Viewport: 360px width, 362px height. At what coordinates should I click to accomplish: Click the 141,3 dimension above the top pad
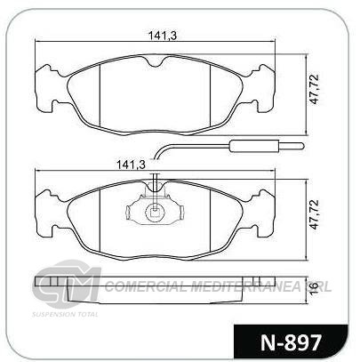[x=163, y=36]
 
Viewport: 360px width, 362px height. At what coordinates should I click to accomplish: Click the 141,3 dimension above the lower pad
[x=131, y=165]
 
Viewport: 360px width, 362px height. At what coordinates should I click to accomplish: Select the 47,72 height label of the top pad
[x=315, y=89]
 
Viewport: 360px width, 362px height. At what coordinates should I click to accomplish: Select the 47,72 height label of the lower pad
[x=315, y=214]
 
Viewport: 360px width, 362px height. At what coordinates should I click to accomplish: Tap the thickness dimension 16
[x=315, y=288]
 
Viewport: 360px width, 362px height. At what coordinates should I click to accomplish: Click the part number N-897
[x=292, y=342]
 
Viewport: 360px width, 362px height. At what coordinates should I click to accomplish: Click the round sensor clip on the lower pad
[x=154, y=213]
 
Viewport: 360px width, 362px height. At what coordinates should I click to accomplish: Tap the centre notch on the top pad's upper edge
[x=155, y=61]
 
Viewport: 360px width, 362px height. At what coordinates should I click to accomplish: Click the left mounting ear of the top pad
[x=46, y=88]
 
